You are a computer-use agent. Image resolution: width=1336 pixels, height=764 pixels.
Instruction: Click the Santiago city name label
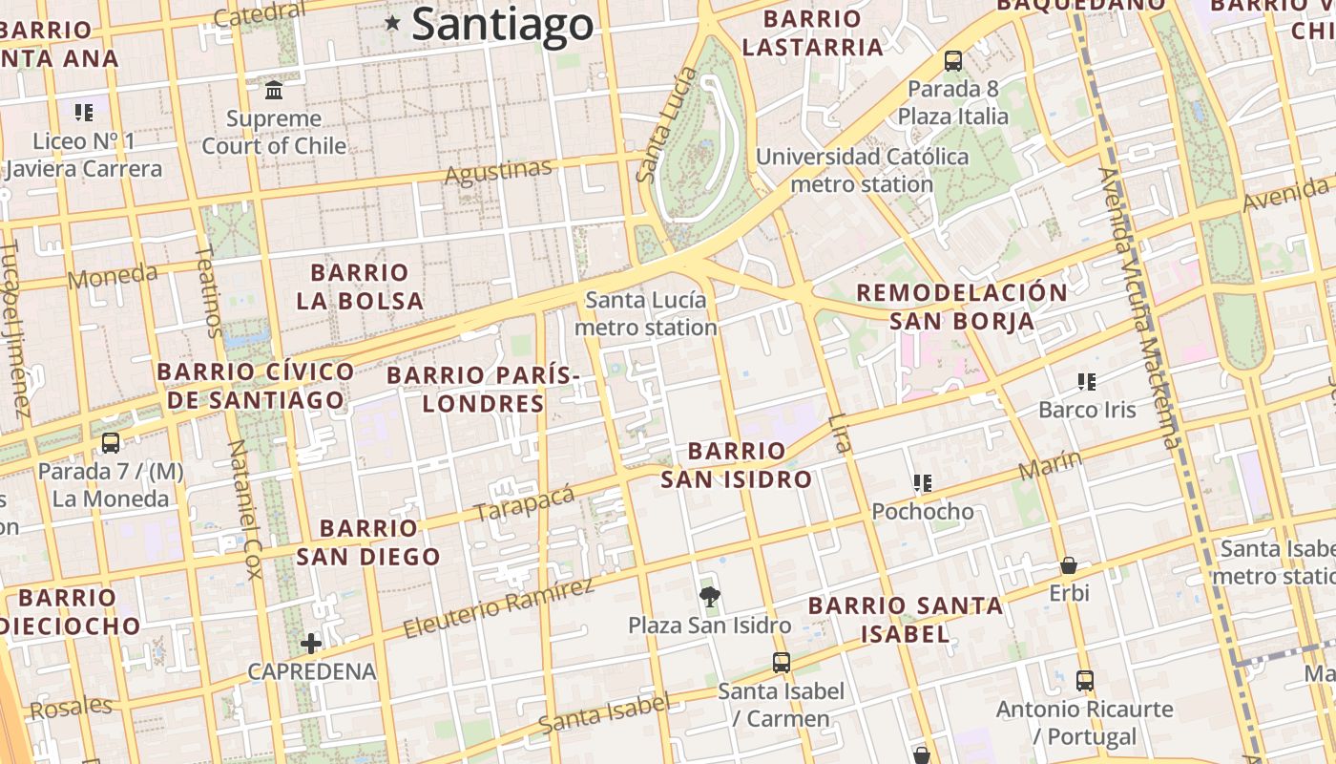point(503,25)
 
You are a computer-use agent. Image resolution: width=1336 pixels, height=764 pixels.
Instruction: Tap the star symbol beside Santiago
point(392,23)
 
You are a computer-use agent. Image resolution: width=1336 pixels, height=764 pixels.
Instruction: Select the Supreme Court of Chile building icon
point(274,91)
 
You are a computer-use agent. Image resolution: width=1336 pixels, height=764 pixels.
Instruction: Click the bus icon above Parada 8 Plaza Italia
point(952,61)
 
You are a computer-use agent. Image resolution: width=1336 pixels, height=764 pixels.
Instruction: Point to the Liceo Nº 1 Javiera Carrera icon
point(84,113)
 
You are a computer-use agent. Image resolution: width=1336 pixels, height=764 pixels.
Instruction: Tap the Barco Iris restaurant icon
point(1086,382)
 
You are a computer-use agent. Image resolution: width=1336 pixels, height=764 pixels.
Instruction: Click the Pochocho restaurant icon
point(922,483)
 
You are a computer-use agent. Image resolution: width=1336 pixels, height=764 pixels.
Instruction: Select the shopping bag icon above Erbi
point(1069,565)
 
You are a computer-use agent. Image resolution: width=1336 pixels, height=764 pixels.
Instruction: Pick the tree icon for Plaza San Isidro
point(709,598)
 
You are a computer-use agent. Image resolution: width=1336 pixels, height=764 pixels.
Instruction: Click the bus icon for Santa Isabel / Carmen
point(782,663)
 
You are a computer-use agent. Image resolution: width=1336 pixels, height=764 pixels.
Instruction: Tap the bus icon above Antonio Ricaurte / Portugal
point(1085,681)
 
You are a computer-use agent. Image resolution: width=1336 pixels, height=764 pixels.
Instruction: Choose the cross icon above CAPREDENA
point(311,644)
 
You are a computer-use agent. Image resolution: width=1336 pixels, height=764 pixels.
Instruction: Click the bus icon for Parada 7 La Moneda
point(111,443)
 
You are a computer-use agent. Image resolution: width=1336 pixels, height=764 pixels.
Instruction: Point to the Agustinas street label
point(498,172)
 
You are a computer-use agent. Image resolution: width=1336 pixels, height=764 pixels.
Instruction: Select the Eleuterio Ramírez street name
point(497,608)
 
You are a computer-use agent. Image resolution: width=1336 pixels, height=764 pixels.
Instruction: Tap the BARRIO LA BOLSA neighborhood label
point(360,286)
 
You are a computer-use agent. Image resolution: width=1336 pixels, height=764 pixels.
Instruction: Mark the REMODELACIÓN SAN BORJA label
point(962,307)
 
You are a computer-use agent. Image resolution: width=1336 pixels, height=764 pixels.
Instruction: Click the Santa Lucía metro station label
point(646,314)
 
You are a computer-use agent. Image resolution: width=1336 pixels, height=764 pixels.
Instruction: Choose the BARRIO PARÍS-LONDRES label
point(484,389)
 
